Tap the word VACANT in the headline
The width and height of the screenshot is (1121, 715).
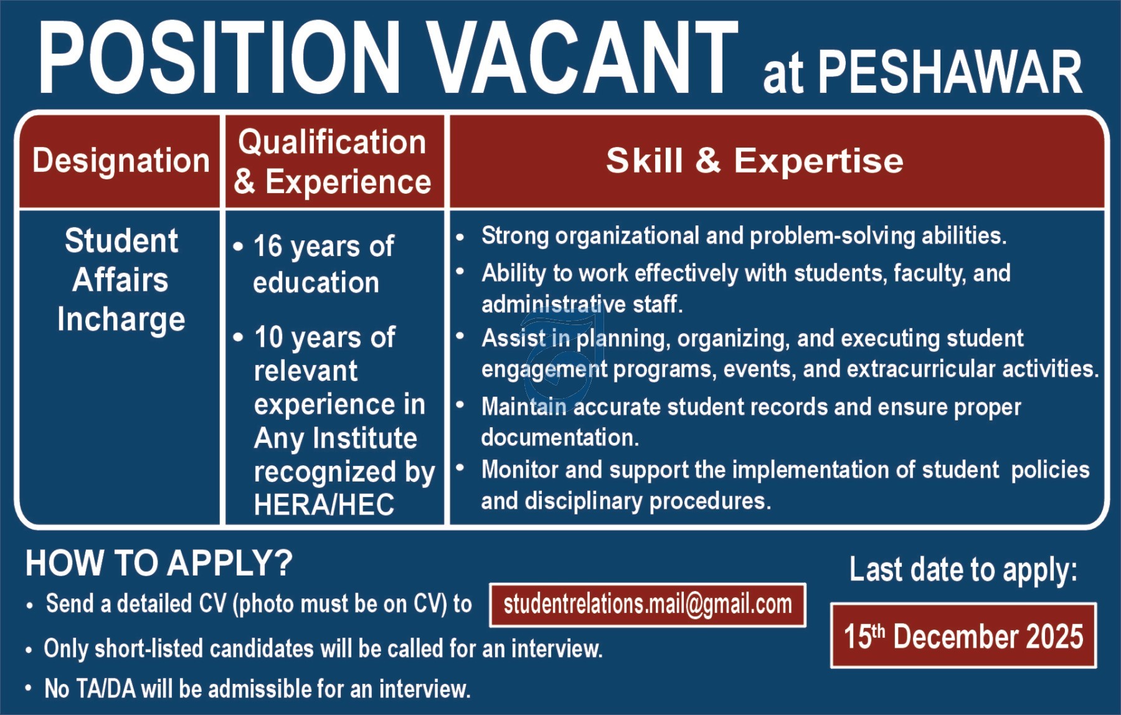584,57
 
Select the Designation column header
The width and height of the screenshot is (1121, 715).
121,161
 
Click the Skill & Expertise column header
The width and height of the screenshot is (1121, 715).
755,161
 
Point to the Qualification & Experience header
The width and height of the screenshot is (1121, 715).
333,161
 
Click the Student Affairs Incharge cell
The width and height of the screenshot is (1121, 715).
121,280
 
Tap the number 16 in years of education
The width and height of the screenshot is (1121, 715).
268,246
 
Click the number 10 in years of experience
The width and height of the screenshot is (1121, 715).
269,337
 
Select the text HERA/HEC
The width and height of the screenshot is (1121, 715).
324,504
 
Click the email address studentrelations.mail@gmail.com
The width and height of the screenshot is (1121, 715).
648,604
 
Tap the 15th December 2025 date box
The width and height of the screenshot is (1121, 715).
963,636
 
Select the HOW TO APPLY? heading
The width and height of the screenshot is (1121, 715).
159,563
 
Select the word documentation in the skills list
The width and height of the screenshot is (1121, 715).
560,437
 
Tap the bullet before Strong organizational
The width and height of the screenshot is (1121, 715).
460,237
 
